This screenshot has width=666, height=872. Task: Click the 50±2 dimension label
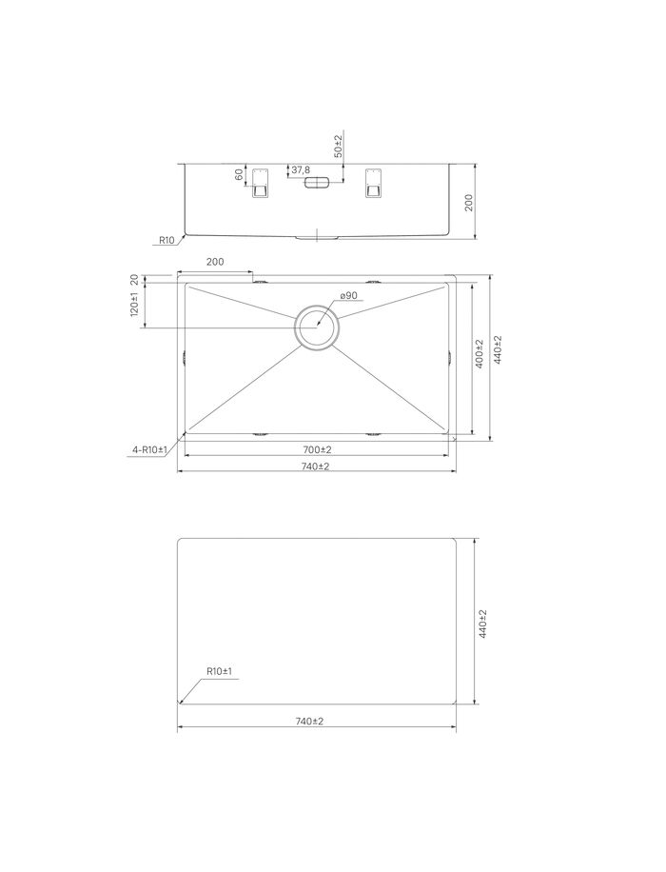[x=338, y=145]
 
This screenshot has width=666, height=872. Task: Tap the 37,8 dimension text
[x=301, y=170]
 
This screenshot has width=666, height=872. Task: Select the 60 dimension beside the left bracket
[x=239, y=174]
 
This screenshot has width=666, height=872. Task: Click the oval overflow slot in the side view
[x=316, y=183]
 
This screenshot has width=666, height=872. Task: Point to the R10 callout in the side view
[x=166, y=240]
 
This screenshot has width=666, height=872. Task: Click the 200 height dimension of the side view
[x=468, y=202]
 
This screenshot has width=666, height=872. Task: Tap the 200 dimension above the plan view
[x=215, y=262]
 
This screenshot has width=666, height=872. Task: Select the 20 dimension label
[x=133, y=279]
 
